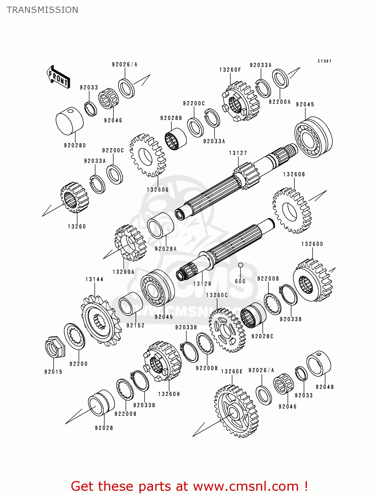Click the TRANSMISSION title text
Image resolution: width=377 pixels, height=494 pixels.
point(42,10)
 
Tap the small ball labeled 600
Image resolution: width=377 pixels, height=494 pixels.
point(240,265)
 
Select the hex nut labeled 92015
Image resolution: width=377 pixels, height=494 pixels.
point(54,348)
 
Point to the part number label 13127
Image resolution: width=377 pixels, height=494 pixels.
point(238,153)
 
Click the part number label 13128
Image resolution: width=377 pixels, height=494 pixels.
point(202,284)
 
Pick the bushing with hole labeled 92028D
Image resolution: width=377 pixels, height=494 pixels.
point(70,121)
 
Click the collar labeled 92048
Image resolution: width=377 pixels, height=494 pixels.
point(319,364)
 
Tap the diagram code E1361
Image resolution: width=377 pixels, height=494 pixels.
point(324,61)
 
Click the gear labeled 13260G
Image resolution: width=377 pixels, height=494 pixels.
point(147,155)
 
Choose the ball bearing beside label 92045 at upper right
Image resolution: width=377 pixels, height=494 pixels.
point(313,137)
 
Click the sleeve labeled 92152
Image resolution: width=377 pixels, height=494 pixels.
point(131,304)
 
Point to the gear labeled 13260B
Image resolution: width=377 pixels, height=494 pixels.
point(291,211)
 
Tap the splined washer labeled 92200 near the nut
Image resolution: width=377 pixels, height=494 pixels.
point(74,336)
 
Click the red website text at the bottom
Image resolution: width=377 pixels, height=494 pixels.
point(189,486)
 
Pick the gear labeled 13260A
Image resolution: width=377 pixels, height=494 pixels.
point(130,243)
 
